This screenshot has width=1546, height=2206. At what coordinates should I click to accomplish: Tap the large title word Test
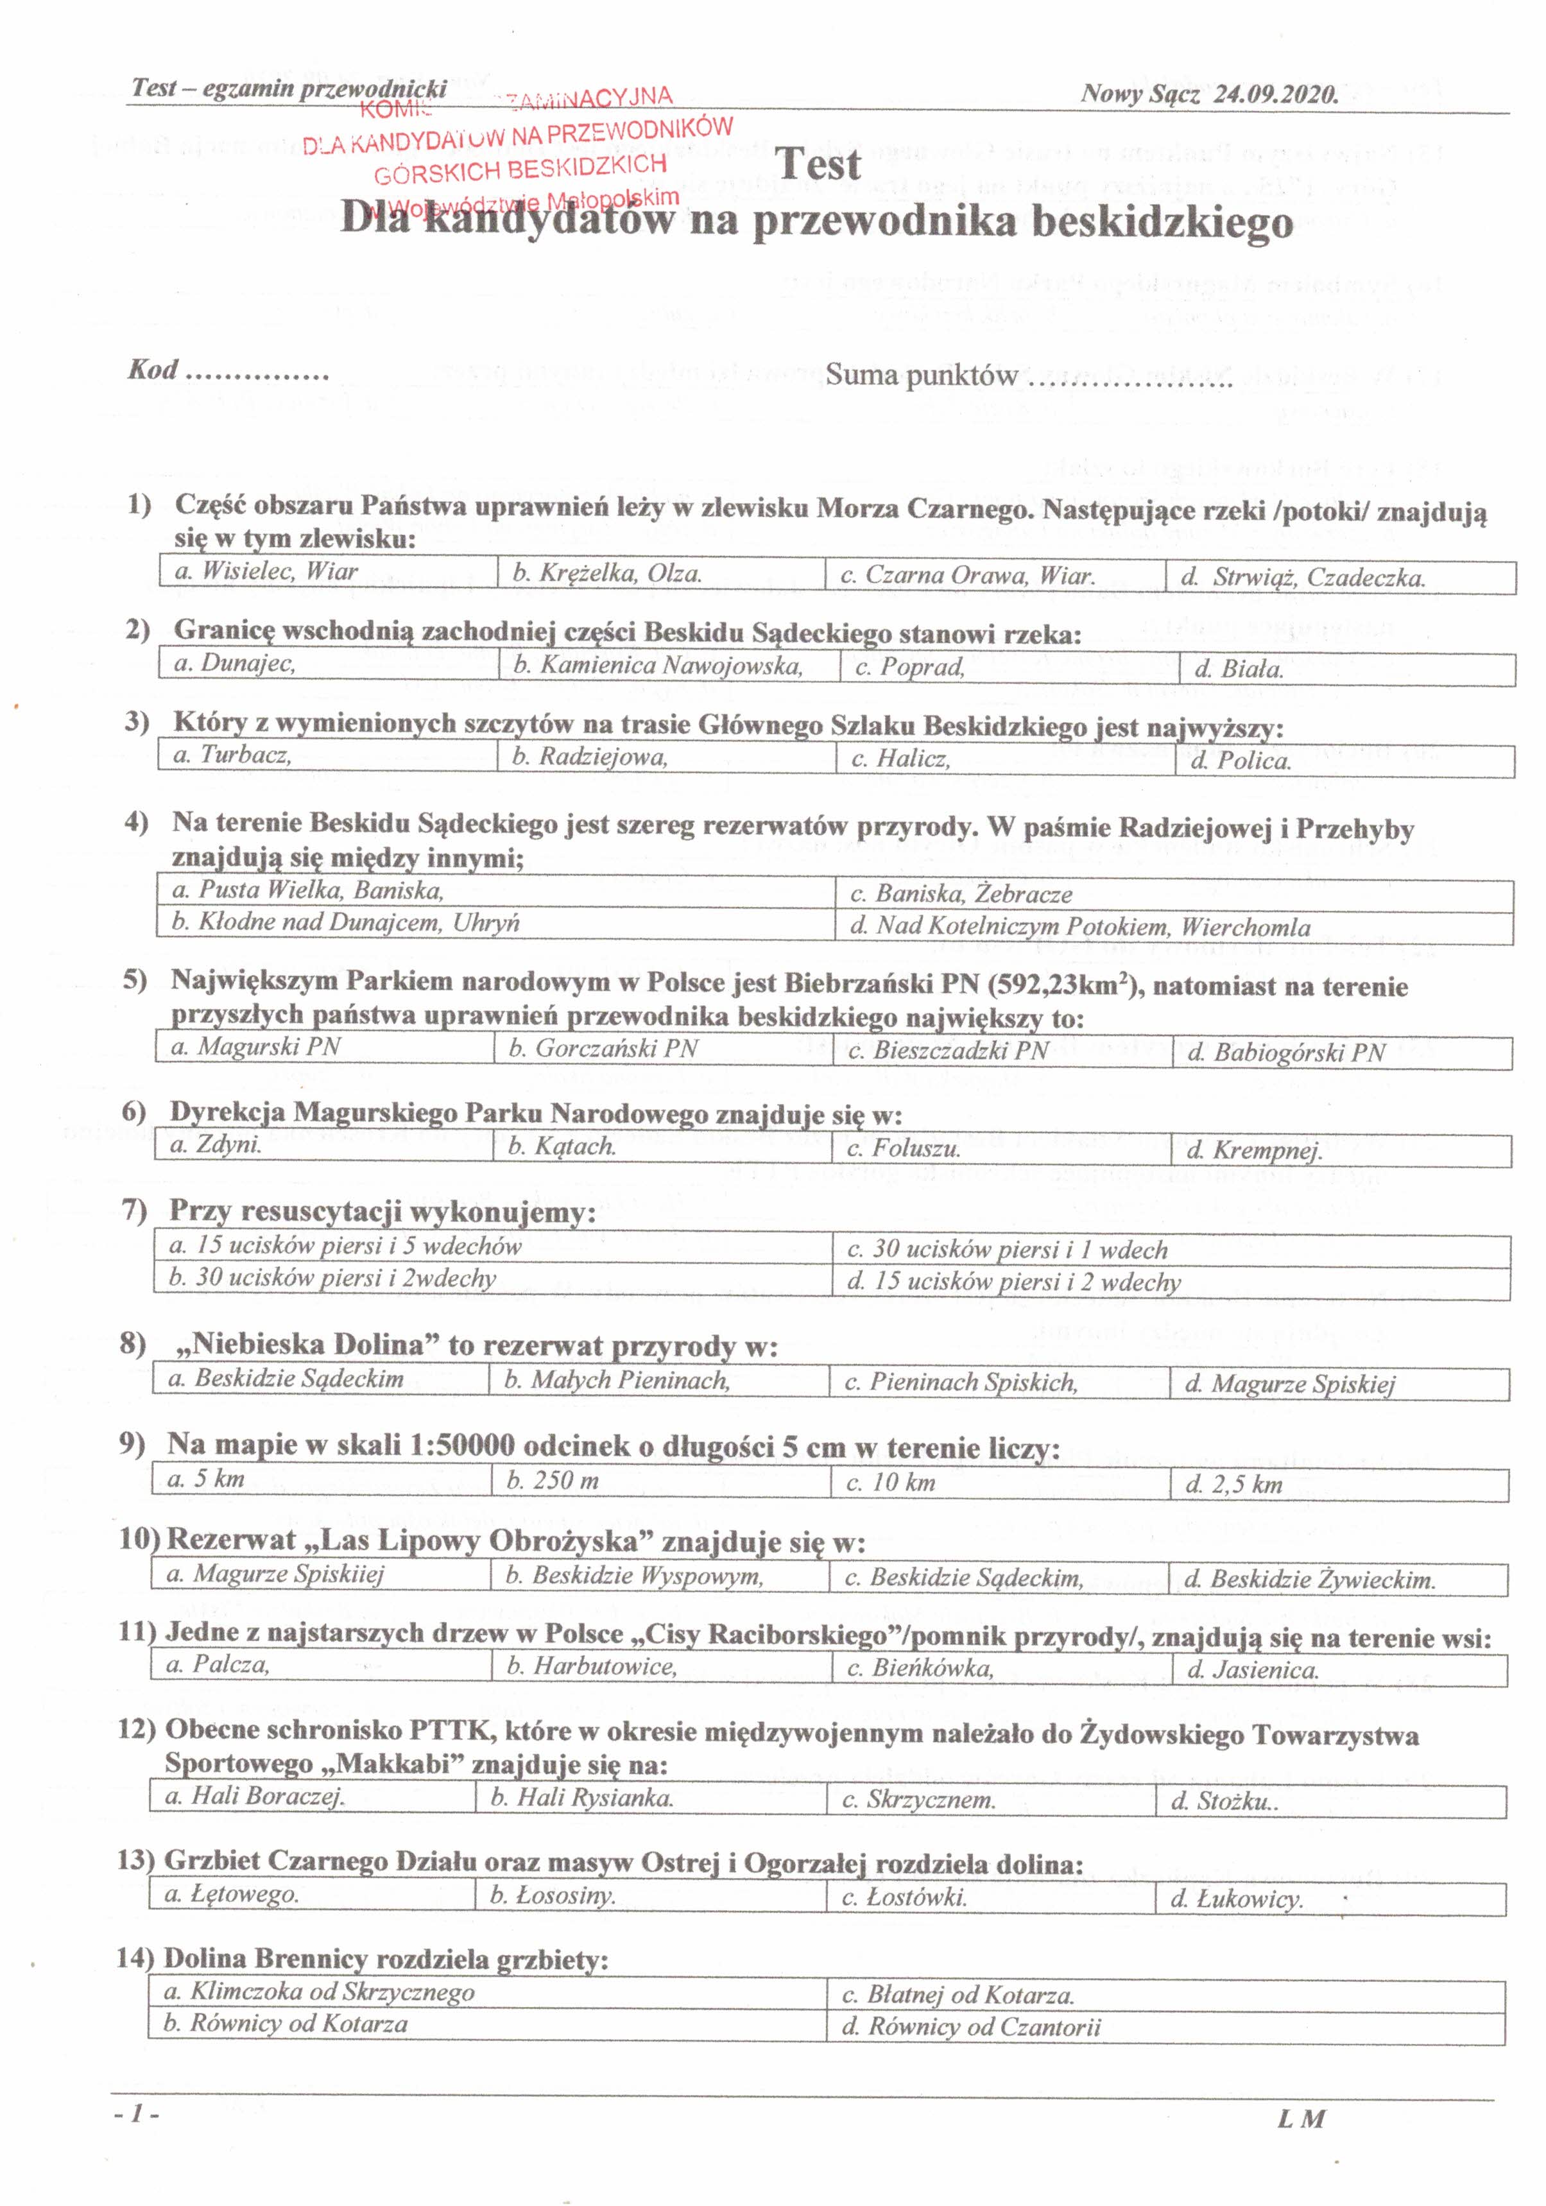(x=818, y=164)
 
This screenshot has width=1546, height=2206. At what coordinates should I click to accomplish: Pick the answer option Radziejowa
(x=590, y=757)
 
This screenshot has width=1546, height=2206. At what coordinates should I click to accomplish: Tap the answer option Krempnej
(x=1255, y=1150)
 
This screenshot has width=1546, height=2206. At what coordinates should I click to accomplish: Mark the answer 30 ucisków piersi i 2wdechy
(x=332, y=1278)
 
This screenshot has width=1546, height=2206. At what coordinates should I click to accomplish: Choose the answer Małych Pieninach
(x=617, y=1381)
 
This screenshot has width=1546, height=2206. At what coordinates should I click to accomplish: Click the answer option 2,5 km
(x=1235, y=1485)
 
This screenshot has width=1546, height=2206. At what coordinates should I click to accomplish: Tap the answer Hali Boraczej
(x=255, y=1796)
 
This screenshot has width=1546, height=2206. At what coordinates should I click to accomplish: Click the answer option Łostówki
(x=904, y=1897)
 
